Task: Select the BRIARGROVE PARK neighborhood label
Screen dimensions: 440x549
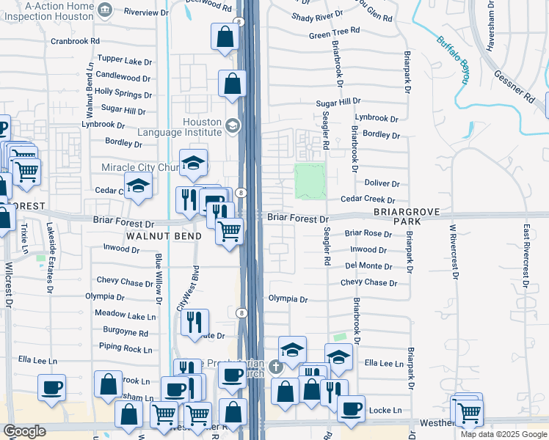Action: click(406, 216)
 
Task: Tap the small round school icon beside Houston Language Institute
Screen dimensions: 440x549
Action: click(233, 125)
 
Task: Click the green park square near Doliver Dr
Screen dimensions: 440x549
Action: click(310, 180)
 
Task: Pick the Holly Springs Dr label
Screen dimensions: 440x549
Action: click(123, 93)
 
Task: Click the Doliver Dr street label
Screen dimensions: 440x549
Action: click(381, 184)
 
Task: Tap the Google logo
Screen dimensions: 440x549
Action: click(24, 431)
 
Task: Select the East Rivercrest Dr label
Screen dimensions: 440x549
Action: click(526, 256)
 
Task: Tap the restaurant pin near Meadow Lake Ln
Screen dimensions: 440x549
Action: click(194, 323)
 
